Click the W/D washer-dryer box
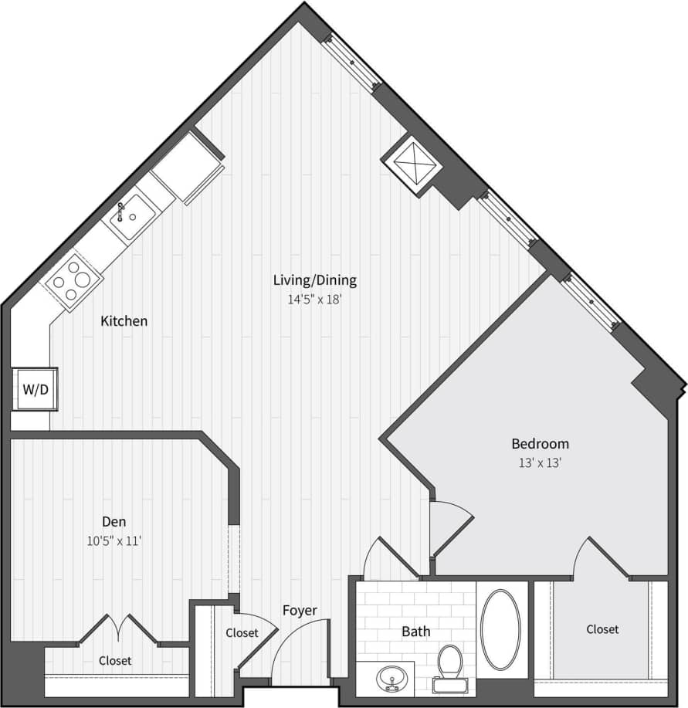34,388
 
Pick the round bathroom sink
391,679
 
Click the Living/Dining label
315,280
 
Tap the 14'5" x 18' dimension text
315,299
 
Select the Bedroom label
540,444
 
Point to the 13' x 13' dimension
540,463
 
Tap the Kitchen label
124,321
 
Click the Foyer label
300,611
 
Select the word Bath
415,632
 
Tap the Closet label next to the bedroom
602,629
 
